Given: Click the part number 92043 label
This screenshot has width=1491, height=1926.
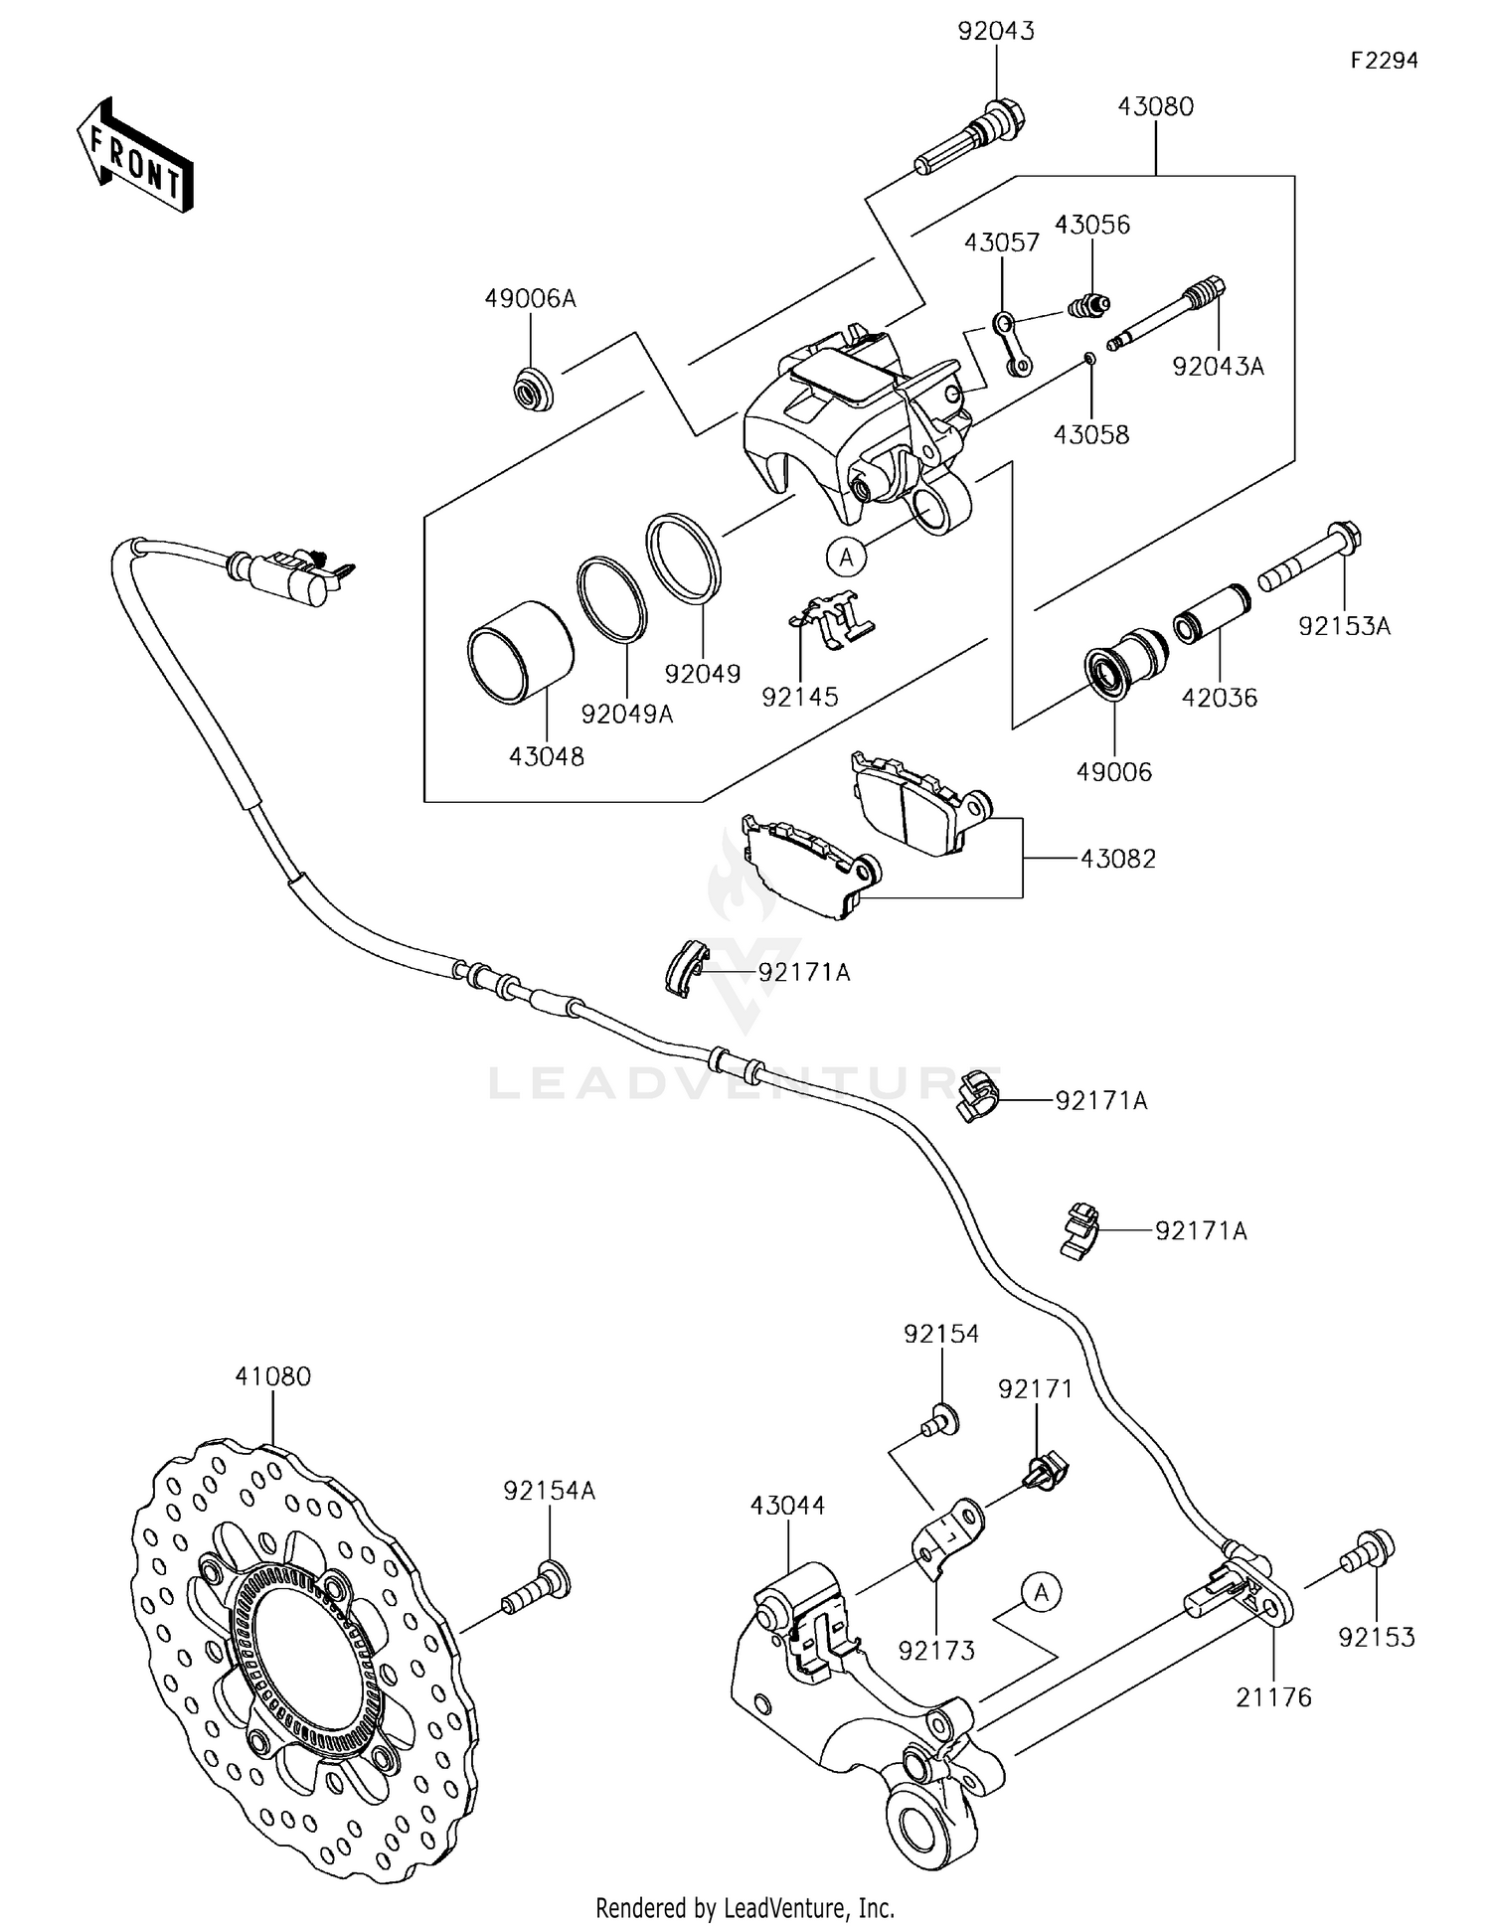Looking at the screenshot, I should [996, 31].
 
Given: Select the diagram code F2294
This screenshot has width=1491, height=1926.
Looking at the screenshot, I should [1384, 61].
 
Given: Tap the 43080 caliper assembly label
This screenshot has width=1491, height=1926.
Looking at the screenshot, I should [1155, 106].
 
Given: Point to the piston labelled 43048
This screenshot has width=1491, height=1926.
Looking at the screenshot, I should [521, 653].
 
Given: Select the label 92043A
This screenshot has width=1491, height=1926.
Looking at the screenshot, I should [1218, 367].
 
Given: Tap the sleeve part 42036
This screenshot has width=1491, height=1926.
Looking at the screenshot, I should [1211, 631].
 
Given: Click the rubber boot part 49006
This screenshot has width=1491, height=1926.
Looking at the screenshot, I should [1125, 662].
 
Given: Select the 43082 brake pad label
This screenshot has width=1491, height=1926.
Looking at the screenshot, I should [1118, 859].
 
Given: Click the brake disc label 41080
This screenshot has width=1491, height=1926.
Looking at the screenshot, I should [272, 1376].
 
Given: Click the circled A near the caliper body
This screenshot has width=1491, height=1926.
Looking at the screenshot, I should [846, 558].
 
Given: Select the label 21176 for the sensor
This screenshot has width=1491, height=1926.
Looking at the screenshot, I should [1273, 1697].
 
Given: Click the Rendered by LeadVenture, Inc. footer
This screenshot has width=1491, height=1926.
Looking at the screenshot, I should [745, 1907].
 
